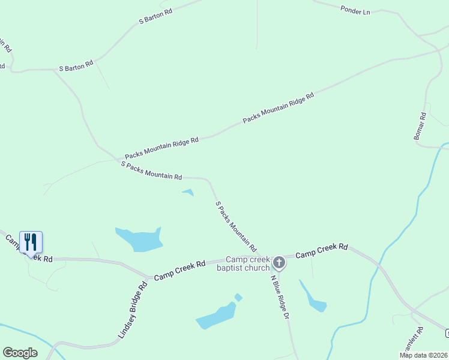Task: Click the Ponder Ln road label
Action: tap(355, 10)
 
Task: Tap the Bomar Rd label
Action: tap(420, 127)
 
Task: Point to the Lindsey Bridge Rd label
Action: tap(133, 311)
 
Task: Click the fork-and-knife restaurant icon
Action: tap(31, 242)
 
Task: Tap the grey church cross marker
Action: tap(279, 263)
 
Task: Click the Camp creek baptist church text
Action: tap(244, 263)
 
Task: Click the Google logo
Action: tap(20, 353)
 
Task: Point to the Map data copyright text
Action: tap(423, 355)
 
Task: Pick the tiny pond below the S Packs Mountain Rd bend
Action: tap(188, 193)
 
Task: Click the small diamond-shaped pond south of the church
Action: tap(238, 298)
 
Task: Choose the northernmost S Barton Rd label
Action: tap(155, 16)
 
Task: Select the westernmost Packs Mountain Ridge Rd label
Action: tap(161, 149)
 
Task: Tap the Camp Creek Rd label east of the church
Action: tap(322, 251)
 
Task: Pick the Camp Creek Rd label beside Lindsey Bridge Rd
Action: tap(180, 271)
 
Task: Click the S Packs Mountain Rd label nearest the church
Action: tap(236, 226)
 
